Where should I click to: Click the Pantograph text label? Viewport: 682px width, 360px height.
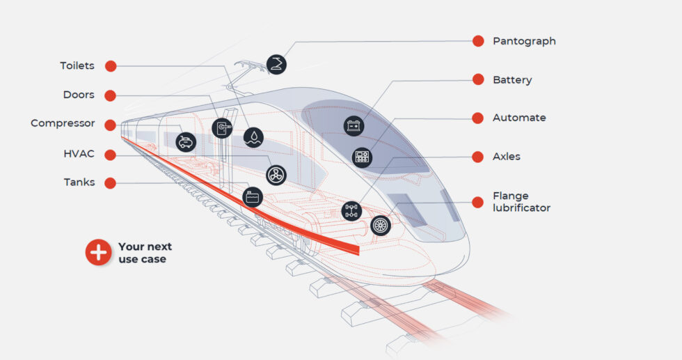(x=524, y=41)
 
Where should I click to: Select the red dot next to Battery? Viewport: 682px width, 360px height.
(x=478, y=79)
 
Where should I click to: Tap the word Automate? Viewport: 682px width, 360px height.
(x=519, y=118)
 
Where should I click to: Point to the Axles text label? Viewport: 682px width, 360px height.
(x=506, y=157)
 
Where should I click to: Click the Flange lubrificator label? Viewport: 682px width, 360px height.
(x=521, y=202)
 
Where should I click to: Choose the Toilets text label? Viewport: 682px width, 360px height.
(x=77, y=66)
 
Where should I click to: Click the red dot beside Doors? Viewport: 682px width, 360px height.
(x=110, y=95)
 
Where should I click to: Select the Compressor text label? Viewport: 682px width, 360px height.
(x=63, y=123)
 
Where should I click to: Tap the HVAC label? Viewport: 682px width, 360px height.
(x=79, y=153)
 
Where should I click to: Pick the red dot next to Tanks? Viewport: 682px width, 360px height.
(x=110, y=182)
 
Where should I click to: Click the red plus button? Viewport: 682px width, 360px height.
(x=98, y=252)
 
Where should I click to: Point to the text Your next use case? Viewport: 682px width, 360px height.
(x=145, y=253)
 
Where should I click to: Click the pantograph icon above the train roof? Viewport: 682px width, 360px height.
(x=276, y=64)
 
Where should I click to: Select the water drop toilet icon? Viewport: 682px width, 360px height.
(x=253, y=137)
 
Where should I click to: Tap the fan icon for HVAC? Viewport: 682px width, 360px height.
(x=276, y=175)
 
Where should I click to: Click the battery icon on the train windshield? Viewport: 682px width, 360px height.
(x=354, y=125)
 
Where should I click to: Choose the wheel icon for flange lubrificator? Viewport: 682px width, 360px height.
(x=381, y=225)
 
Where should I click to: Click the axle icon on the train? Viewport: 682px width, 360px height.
(x=352, y=210)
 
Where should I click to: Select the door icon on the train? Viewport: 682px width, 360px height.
(x=221, y=128)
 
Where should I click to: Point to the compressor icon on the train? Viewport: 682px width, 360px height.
(x=186, y=141)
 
